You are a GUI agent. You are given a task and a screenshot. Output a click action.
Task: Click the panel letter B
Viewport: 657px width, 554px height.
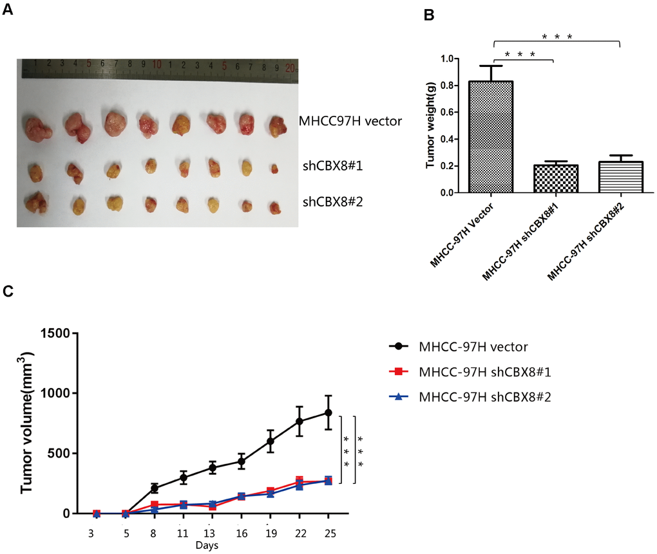coord(428,15)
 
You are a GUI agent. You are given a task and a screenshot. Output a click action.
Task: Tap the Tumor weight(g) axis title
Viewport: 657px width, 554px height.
coord(432,125)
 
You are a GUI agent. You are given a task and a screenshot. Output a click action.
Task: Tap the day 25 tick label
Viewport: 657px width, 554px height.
coord(328,534)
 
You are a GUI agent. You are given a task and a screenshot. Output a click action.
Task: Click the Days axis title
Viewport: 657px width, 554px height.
coord(207,546)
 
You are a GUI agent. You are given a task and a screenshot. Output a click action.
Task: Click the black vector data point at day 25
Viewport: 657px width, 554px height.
coord(328,412)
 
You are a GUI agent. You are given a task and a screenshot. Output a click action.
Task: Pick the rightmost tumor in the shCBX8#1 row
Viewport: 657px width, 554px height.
coord(275,169)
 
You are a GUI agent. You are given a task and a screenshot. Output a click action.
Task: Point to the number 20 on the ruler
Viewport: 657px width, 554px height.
coord(290,66)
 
